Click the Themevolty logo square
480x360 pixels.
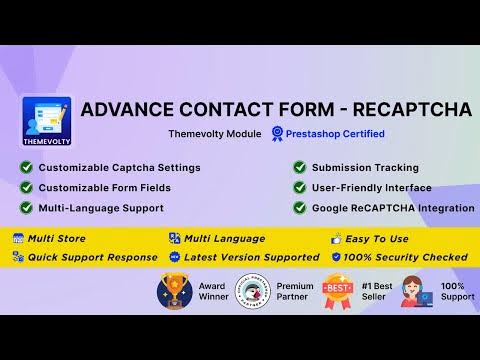point(46,123)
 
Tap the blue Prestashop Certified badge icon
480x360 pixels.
point(277,133)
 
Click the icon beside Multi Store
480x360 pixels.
point(18,238)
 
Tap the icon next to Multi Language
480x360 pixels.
point(174,238)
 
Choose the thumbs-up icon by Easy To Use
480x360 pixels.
point(336,238)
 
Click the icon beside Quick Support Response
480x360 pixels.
point(18,256)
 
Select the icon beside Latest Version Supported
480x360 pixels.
point(174,256)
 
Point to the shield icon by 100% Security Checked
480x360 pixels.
point(336,256)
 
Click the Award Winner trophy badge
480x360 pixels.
point(174,291)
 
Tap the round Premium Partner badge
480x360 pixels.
point(252,291)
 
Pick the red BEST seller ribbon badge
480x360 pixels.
point(336,291)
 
